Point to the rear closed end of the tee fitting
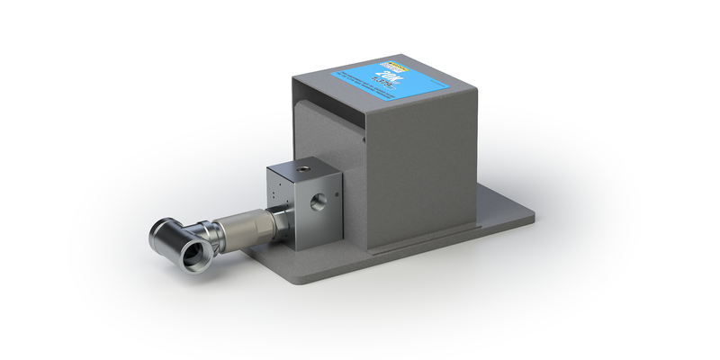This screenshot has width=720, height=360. [x=163, y=230]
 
